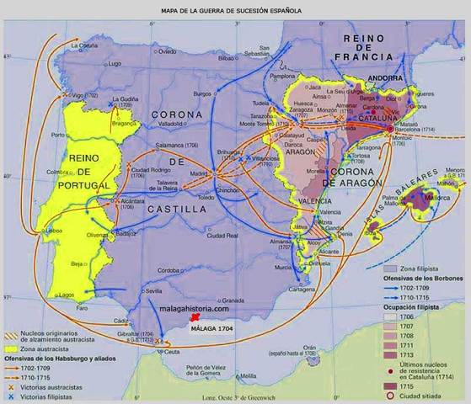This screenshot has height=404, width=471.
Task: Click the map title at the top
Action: tap(234, 11)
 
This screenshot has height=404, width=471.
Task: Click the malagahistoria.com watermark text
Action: tap(199, 310)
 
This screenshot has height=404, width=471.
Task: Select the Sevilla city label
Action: tap(153, 290)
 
